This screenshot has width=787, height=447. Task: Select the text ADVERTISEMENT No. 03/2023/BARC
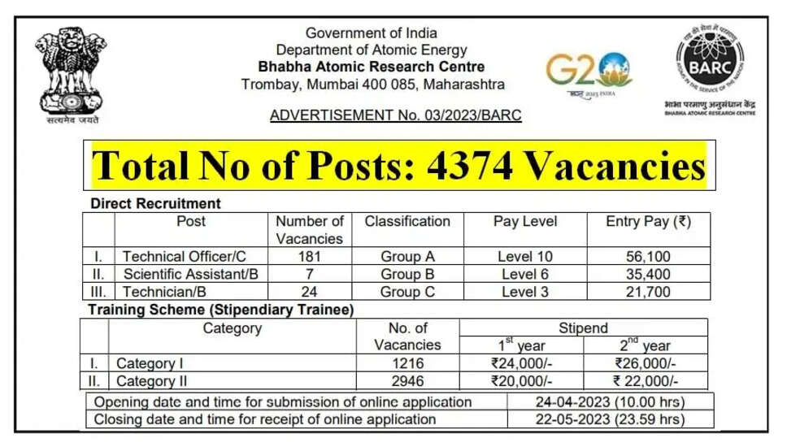point(395,115)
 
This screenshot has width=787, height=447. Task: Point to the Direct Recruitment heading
point(155,203)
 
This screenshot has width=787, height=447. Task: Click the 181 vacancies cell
point(309,257)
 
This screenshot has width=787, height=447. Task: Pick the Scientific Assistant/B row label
point(190,274)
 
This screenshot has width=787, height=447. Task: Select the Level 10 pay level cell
point(525,257)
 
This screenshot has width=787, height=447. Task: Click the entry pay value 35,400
point(648,274)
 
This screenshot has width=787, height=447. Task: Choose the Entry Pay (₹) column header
point(648,221)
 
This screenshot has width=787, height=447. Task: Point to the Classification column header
point(407,221)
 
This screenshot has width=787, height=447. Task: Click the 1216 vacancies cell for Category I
point(407,363)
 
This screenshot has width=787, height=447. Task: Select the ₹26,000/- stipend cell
point(646,363)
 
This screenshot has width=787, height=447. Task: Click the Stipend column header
point(583,328)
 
